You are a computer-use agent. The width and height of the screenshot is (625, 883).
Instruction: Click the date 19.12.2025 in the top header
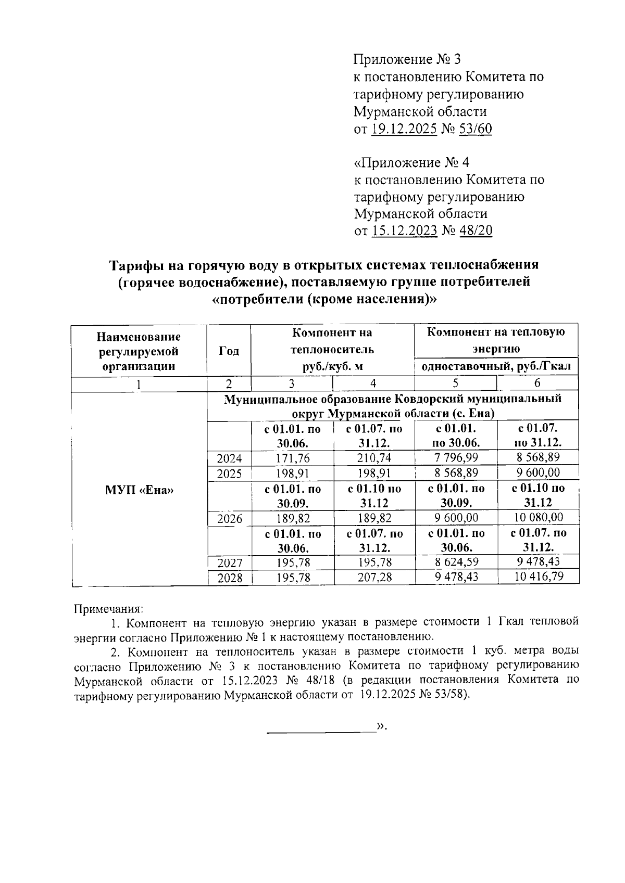[x=404, y=129]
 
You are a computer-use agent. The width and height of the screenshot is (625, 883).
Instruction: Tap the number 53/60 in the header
[x=474, y=129]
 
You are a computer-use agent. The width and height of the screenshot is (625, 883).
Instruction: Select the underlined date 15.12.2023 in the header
[x=404, y=231]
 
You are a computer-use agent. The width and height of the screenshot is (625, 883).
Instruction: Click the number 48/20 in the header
[x=475, y=231]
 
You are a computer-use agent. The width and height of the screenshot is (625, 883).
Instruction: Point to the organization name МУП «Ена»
[x=139, y=490]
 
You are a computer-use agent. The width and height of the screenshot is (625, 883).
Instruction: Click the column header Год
[x=229, y=351]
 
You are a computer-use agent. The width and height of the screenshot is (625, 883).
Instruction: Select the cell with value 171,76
[x=292, y=458]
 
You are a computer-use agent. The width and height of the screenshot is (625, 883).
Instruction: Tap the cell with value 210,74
[x=373, y=458]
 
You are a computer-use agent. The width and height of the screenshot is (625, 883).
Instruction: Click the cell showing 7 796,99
[x=456, y=458]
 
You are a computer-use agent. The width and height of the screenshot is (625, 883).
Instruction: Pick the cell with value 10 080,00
[x=537, y=518]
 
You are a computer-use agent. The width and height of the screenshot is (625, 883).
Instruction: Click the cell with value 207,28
[x=373, y=577]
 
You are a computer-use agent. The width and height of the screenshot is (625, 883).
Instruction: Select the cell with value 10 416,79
[x=537, y=577]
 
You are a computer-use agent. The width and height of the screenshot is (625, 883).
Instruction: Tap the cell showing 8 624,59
[x=456, y=562]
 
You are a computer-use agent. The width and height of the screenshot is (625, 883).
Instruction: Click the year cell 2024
[x=229, y=458]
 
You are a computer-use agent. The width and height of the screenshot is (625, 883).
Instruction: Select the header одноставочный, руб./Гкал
[x=496, y=366]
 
